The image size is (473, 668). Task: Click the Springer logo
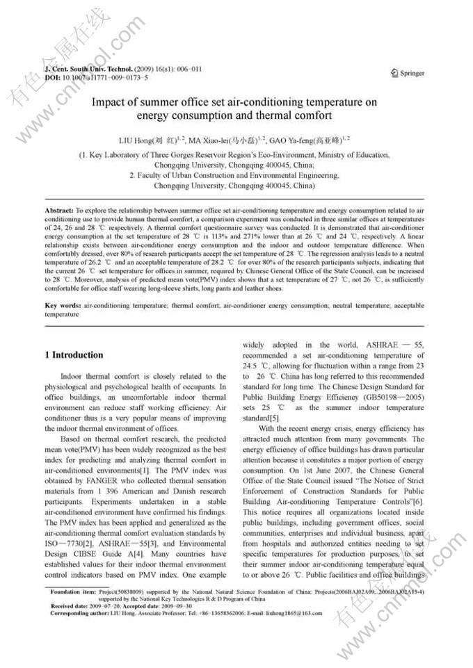pyautogui.click(x=408, y=73)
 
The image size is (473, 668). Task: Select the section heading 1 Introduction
pyautogui.click(x=74, y=355)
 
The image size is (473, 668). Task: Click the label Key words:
pyautogui.click(x=62, y=306)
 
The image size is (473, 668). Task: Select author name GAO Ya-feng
pyautogui.click(x=290, y=140)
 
